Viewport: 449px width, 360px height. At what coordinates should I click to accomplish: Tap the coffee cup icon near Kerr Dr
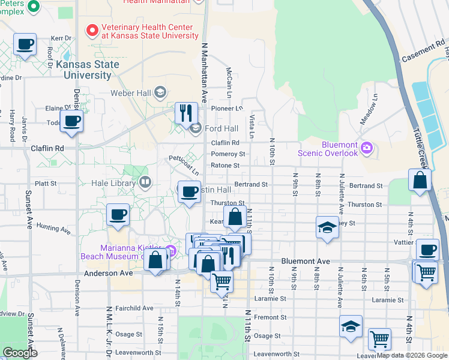(x=25, y=44)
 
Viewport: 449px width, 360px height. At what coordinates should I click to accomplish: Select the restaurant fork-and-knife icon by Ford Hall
(x=186, y=112)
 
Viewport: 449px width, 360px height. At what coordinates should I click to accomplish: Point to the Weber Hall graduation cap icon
(x=160, y=92)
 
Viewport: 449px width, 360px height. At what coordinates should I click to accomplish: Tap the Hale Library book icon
(x=145, y=182)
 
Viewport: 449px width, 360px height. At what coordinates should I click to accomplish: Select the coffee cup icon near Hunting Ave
(x=118, y=214)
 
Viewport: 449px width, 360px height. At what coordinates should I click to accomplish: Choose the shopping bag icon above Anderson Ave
(x=155, y=260)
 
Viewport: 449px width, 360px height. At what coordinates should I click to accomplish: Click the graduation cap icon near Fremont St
(x=351, y=326)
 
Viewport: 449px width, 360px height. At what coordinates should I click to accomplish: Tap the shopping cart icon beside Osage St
(x=379, y=340)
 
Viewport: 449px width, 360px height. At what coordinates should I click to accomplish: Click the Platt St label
(x=45, y=184)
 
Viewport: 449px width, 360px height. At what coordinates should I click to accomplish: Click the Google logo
(x=20, y=353)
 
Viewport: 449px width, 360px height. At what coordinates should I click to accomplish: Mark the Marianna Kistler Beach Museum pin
(x=171, y=250)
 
